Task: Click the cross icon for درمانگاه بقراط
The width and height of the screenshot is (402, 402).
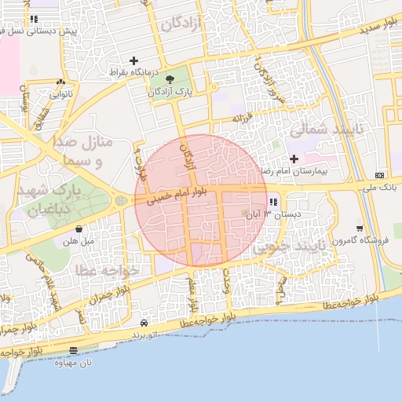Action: click(133, 60)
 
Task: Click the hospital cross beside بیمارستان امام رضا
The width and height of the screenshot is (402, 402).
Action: click(294, 159)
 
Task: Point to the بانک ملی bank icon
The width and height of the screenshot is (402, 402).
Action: click(381, 175)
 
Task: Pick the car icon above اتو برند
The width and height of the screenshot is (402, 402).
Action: click(144, 323)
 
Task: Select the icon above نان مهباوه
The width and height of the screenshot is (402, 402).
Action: click(73, 351)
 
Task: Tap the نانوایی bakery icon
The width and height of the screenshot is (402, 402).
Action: click(60, 82)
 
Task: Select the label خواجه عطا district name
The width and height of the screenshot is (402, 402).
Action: click(108, 269)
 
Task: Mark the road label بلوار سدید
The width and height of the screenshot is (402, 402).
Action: click(380, 29)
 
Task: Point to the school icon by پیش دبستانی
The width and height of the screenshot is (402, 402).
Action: click(33, 19)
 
